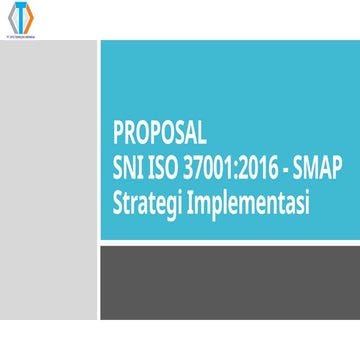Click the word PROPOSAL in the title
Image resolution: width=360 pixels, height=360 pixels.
click(159, 134)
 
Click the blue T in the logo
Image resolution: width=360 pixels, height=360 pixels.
click(20, 18)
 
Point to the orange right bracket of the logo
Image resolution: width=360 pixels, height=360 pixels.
click(30, 18)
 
